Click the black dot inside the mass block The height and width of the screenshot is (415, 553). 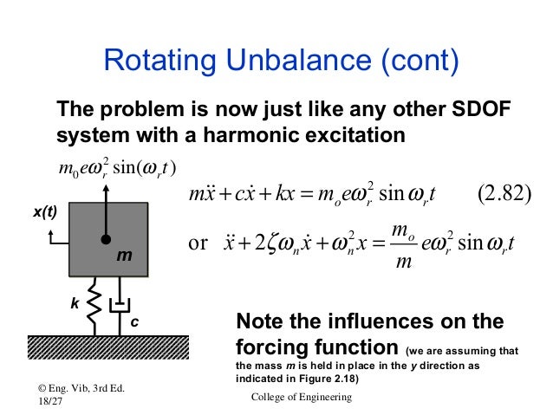105,240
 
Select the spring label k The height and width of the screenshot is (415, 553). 74,305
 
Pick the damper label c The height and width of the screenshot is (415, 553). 135,321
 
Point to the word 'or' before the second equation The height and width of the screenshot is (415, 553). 198,242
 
